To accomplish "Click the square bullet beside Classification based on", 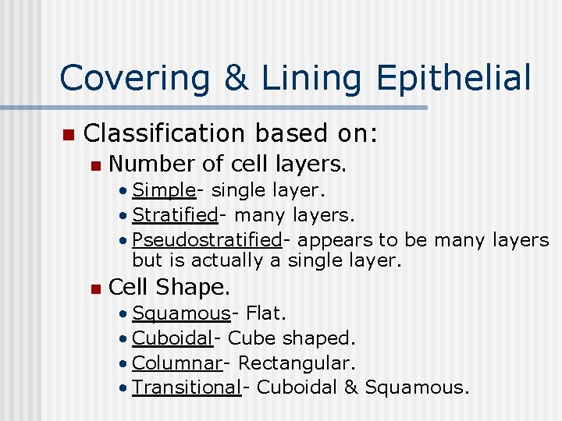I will click(67, 135).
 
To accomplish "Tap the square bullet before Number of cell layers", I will click(95, 165).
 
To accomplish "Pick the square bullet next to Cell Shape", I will click(95, 289).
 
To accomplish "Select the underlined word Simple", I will click(163, 191).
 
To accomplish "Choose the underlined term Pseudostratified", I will click(207, 239).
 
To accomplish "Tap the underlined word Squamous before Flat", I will click(181, 314).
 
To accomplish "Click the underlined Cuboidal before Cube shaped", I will click(173, 339).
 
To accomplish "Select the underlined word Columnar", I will click(176, 363).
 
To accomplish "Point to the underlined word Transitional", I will click(187, 387).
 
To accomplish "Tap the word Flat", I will click(266, 314).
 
